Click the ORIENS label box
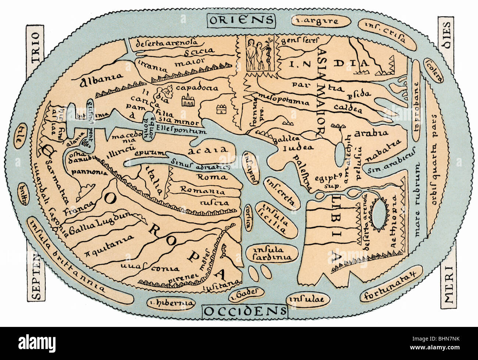click(x=241, y=19)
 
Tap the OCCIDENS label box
click(x=245, y=311)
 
